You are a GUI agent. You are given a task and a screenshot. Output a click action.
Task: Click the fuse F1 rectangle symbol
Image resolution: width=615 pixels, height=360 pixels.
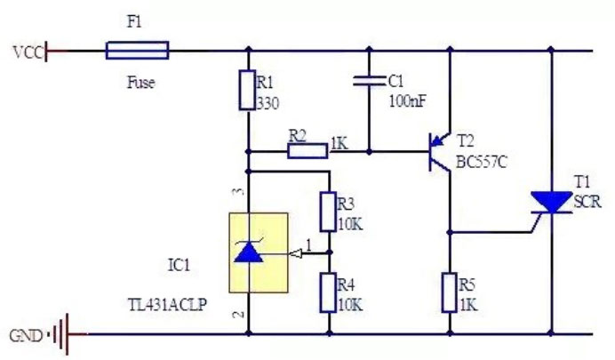tap(137, 50)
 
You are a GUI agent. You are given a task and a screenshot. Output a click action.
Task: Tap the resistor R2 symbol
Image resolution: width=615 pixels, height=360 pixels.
tap(307, 151)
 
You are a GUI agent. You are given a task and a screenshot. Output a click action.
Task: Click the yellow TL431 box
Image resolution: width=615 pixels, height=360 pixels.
tap(258, 252)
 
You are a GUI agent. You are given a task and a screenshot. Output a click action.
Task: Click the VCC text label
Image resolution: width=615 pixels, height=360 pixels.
tap(24, 50)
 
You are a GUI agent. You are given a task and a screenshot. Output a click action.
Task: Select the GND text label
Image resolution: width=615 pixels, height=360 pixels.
tap(24, 337)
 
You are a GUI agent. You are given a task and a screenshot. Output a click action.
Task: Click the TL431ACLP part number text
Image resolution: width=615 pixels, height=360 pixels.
tap(168, 305)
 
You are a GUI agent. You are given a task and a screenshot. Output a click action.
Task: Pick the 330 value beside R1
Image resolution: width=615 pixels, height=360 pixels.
tap(268, 103)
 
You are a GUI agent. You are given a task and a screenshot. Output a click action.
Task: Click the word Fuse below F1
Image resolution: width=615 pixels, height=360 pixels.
tap(140, 83)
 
